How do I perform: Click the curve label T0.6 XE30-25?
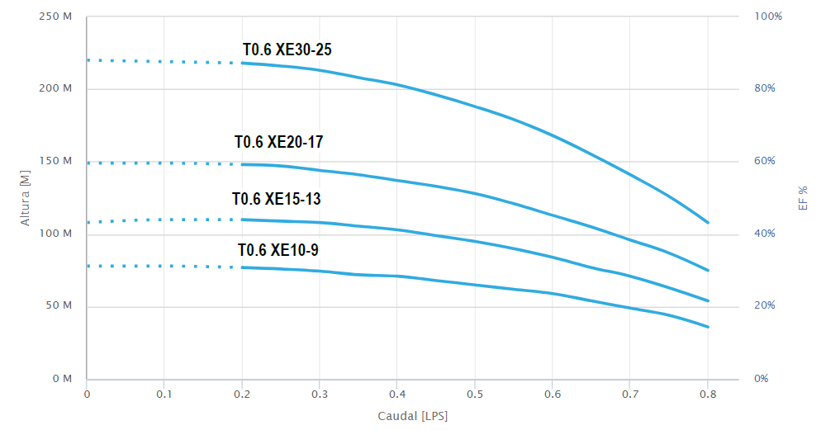pyautogui.click(x=287, y=50)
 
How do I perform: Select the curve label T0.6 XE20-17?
pyautogui.click(x=278, y=143)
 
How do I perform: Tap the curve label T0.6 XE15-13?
pyautogui.click(x=276, y=199)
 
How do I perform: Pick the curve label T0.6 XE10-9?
pyautogui.click(x=278, y=250)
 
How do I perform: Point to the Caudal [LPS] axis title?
pyautogui.click(x=412, y=416)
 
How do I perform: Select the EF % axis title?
pyautogui.click(x=803, y=197)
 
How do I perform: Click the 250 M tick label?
pyautogui.click(x=56, y=17)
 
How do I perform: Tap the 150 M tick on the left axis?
pyautogui.click(x=56, y=161)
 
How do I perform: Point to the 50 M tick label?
pyautogui.click(x=59, y=306)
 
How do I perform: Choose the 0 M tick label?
pyautogui.click(x=63, y=379)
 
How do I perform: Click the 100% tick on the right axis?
pyautogui.click(x=768, y=17)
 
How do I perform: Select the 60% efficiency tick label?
pyautogui.click(x=765, y=161)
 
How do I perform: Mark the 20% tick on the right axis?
pyautogui.click(x=765, y=306)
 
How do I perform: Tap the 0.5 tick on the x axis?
pyautogui.click(x=475, y=395)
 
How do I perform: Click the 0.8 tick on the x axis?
pyautogui.click(x=708, y=395)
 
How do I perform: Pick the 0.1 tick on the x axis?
pyautogui.click(x=164, y=395)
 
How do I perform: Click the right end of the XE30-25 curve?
pyautogui.click(x=708, y=222)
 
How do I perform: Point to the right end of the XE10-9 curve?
pyautogui.click(x=708, y=327)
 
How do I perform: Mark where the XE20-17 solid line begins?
pyautogui.click(x=242, y=164)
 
